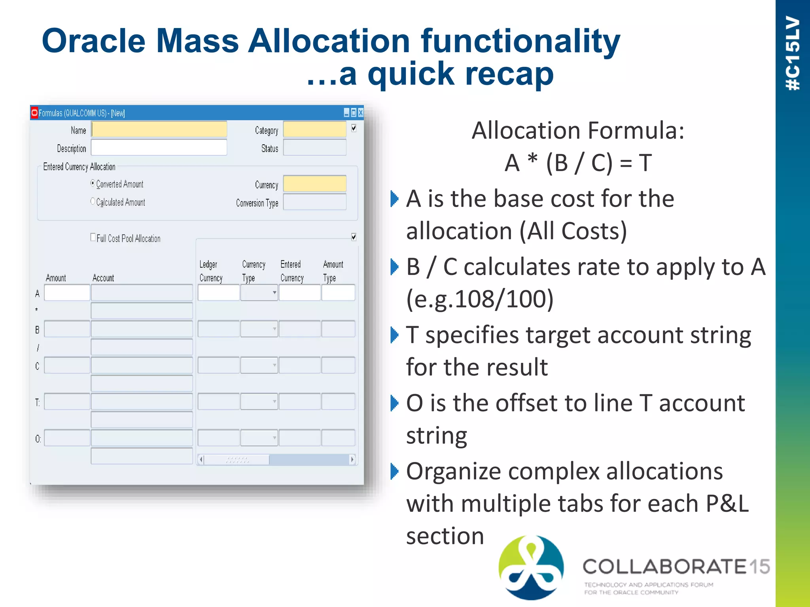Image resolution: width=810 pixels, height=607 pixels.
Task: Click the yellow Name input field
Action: pos(159,130)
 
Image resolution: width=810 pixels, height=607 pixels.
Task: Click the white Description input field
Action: pos(159,148)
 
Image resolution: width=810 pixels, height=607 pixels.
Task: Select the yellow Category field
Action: pos(314,130)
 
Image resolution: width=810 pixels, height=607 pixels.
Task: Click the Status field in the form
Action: pos(314,148)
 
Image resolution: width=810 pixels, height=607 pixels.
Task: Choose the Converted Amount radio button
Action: pos(93,183)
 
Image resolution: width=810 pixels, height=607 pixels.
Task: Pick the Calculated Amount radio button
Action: pos(93,202)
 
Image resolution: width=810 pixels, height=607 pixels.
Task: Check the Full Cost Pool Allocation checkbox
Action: pos(93,237)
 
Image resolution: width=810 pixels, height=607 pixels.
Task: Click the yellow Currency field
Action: pos(314,184)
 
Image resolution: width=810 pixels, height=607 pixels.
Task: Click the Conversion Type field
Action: pos(314,202)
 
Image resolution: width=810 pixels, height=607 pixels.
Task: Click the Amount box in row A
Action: pos(67,293)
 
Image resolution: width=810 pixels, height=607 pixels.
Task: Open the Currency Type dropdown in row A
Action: pos(274,293)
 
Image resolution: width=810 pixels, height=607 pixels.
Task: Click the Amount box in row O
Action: pos(67,438)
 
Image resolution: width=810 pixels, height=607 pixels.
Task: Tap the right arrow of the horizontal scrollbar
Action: pos(352,459)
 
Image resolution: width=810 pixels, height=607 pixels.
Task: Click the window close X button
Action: pos(360,113)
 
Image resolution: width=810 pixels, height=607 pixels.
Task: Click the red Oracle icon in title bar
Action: pos(34,113)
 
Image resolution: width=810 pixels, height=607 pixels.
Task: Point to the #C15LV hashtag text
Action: pos(793,53)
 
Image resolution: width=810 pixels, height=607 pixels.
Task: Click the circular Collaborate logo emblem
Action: pos(531,567)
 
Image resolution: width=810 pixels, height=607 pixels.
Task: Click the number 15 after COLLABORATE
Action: pos(759,567)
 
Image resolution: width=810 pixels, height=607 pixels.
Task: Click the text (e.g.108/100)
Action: pos(479,299)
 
